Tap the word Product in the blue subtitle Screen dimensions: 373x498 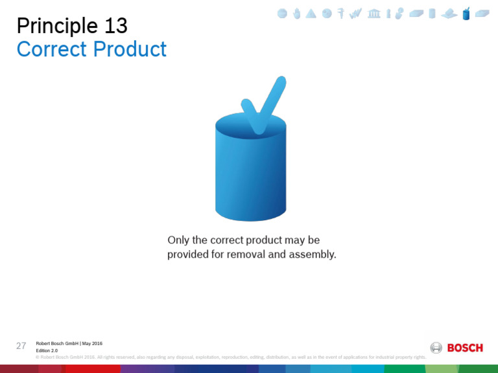click(132, 49)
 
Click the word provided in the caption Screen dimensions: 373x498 click(188, 254)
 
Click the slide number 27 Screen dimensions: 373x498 click(21, 346)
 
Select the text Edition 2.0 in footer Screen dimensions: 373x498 click(47, 350)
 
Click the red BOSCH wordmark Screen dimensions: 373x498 click(465, 348)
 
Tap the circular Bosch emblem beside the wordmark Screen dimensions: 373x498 click(436, 348)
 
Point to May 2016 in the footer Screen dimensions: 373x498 click(92, 343)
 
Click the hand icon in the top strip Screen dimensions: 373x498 click(296, 14)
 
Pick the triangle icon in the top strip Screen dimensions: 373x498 click(311, 14)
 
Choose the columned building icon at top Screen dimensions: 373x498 click(374, 14)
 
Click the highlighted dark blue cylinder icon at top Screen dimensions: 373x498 click(466, 14)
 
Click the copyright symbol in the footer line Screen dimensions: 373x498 click(38, 357)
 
